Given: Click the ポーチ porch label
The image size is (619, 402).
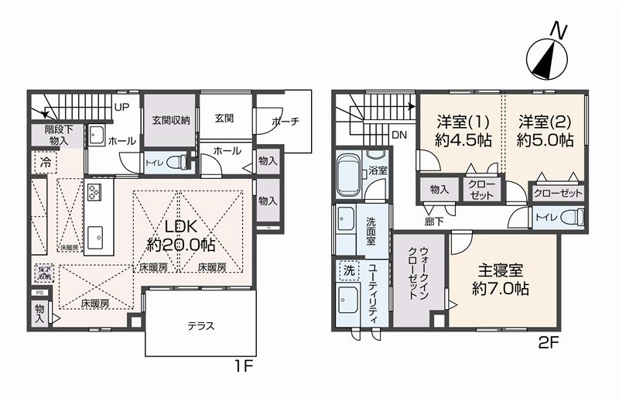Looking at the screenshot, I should point(286,122).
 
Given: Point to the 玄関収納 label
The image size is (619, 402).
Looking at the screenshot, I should point(171,120).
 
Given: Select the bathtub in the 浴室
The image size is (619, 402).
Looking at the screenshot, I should point(347,177).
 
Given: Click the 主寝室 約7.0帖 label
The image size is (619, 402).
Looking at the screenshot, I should point(501,279).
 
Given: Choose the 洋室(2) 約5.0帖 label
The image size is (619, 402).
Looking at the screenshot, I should point(545,131).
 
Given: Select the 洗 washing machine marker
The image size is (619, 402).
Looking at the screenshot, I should point(348,271).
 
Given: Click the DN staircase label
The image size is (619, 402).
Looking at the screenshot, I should point(398,135).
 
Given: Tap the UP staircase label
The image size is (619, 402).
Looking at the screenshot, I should point(121,107).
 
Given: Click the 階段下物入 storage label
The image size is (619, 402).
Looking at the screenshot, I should point(56,136).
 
